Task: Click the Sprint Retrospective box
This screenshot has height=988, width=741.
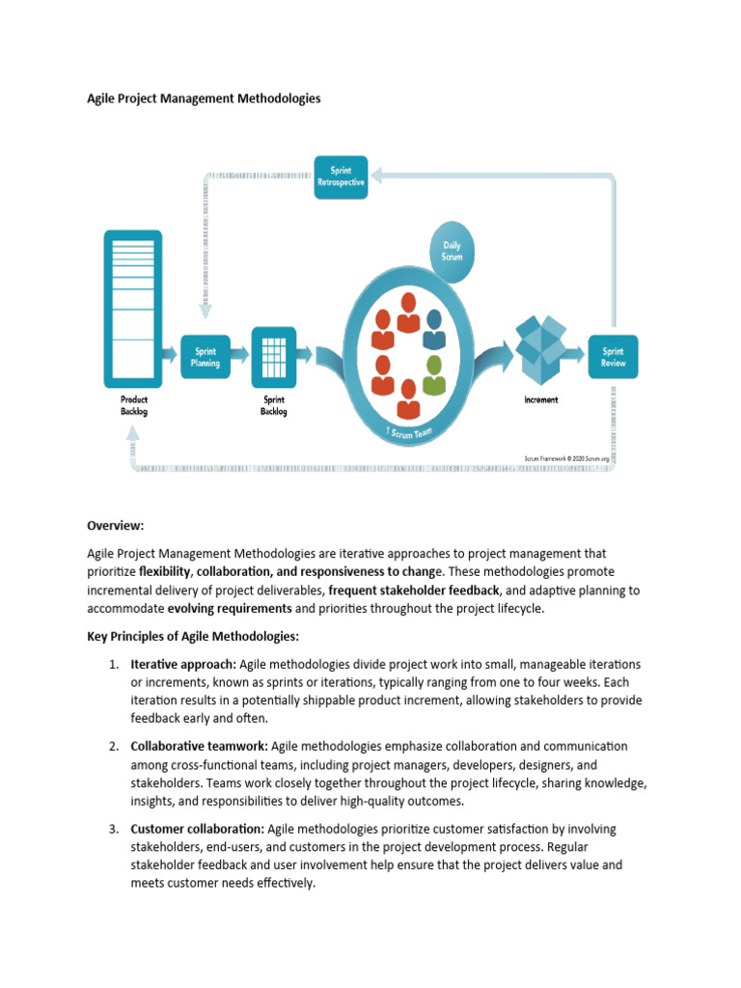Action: click(x=341, y=178)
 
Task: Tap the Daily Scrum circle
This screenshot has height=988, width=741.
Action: click(x=452, y=251)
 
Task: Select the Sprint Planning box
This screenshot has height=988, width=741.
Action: click(x=205, y=357)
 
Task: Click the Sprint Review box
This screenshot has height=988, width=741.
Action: click(x=613, y=357)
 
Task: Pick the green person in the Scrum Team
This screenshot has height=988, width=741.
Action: click(x=433, y=373)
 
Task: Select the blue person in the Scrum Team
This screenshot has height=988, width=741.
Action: click(x=433, y=328)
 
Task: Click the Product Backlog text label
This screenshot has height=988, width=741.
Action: click(x=134, y=405)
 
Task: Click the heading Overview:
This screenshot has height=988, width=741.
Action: click(x=115, y=526)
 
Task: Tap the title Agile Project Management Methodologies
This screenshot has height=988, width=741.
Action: click(x=204, y=98)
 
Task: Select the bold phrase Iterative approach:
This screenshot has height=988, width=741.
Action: click(x=183, y=665)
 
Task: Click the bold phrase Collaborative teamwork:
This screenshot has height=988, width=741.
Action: click(x=200, y=746)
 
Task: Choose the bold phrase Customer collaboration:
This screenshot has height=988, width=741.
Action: click(x=197, y=829)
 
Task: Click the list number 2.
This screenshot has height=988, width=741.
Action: click(x=113, y=746)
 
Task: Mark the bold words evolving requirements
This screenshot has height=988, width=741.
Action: click(x=230, y=609)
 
